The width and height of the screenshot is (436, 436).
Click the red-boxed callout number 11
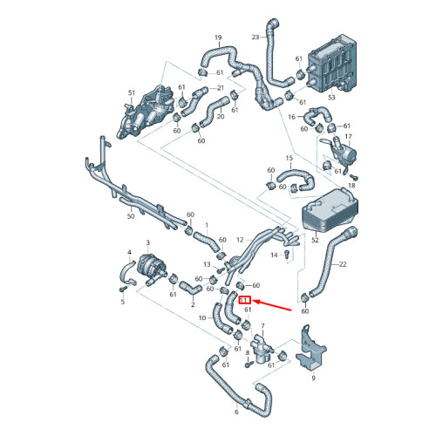(244, 300)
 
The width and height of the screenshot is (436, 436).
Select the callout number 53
(331, 98)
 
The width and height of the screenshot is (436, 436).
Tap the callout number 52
(315, 240)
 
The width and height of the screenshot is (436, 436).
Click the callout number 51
(132, 92)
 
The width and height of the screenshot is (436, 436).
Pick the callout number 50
(131, 216)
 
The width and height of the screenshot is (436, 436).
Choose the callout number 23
(255, 37)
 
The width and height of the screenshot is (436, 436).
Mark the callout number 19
(218, 37)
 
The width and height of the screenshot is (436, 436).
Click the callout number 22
(343, 264)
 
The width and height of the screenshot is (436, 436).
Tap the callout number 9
(313, 378)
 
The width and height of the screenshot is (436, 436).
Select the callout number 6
(236, 412)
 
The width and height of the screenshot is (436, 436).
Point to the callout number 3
(148, 242)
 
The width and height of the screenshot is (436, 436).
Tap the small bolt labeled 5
(123, 289)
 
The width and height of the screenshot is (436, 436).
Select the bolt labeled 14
(287, 254)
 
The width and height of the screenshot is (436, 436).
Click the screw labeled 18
(354, 177)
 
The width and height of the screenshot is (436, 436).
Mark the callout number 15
(290, 158)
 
